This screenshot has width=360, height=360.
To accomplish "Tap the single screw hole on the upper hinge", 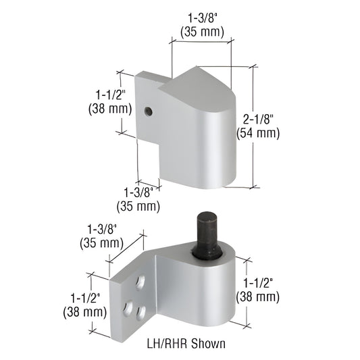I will coord(151,110).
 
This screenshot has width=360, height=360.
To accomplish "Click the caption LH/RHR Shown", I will coord(184,343).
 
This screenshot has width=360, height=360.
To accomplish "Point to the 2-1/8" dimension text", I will coord(257,119).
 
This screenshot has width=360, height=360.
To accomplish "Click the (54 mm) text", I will coord(257,133).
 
